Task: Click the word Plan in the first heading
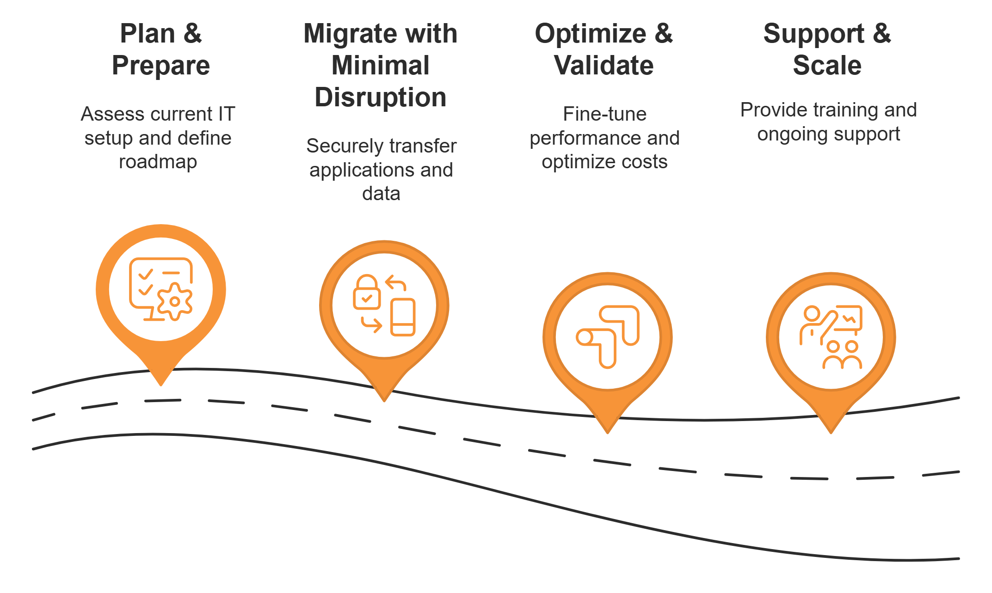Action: [x=148, y=34]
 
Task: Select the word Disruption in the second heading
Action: [x=381, y=98]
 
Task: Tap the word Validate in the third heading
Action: [x=604, y=65]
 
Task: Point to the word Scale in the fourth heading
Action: [x=827, y=65]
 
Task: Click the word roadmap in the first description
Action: [x=158, y=162]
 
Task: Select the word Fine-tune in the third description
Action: [x=604, y=114]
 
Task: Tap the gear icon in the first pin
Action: [x=174, y=302]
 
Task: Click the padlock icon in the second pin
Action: [x=367, y=293]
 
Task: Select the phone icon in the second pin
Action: [x=403, y=317]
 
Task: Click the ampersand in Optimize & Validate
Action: [x=663, y=34]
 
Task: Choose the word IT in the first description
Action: [x=227, y=114]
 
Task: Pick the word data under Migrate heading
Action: [x=381, y=194]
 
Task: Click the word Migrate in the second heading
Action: [x=342, y=34]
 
